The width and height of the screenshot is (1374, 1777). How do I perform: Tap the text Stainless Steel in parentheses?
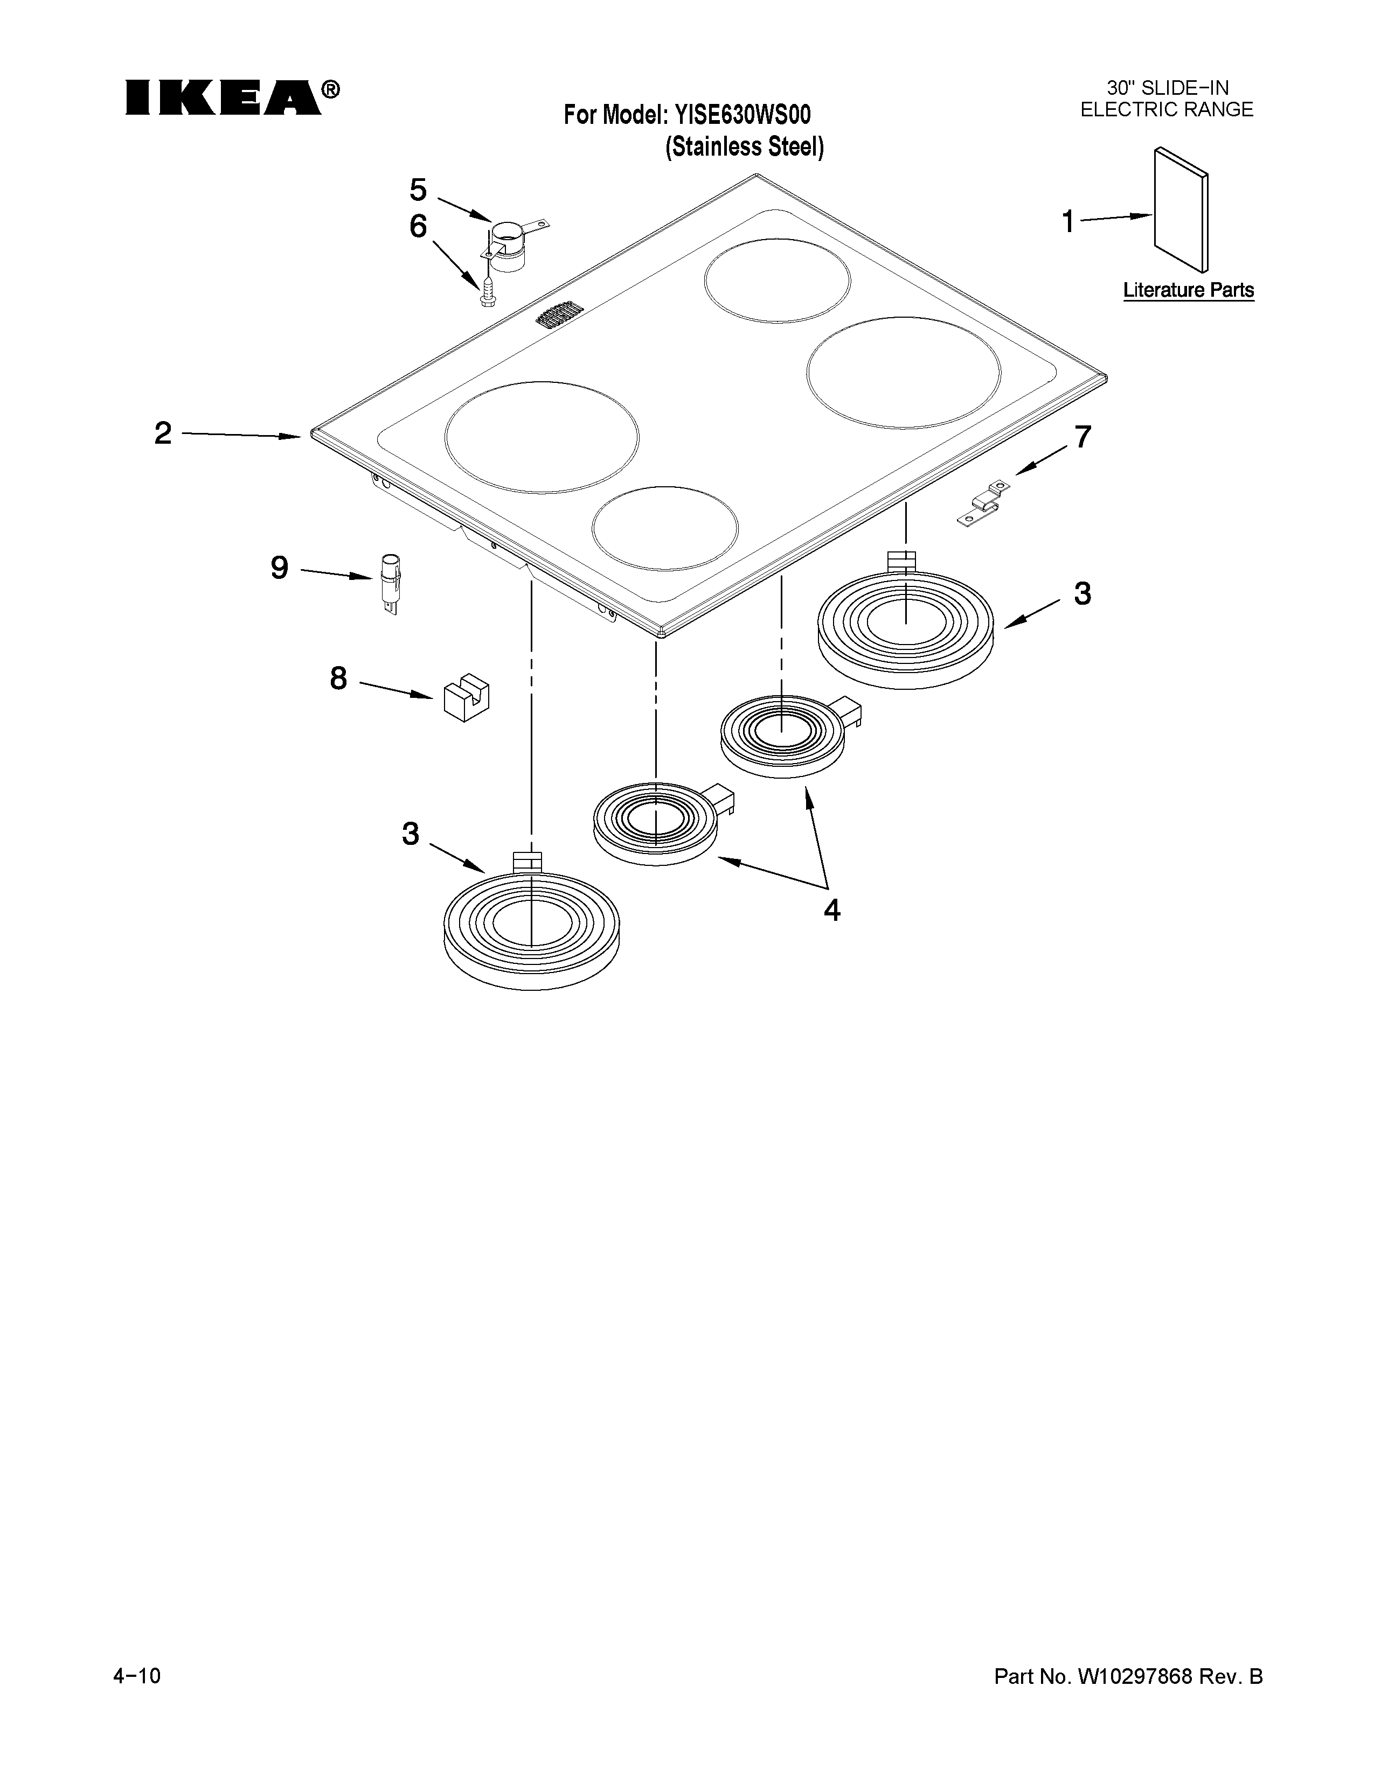pos(745,147)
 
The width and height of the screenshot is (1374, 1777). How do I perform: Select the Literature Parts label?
pos(1189,290)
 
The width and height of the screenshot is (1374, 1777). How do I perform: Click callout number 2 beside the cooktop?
pos(163,433)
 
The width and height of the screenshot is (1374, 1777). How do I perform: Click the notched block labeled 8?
pos(466,696)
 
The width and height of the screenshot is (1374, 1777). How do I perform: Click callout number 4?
pos(831,909)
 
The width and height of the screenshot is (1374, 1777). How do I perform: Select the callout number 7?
pos(1082,438)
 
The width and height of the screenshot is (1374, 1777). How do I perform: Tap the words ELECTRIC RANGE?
pos(1167,110)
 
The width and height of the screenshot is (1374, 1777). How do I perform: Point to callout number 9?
pos(279,567)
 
